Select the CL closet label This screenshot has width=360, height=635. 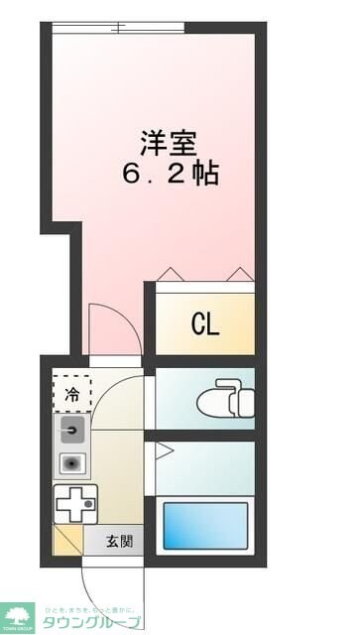click(205, 323)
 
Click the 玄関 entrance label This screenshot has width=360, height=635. click(119, 542)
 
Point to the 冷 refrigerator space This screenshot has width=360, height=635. click(71, 393)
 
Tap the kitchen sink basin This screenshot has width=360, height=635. click(71, 430)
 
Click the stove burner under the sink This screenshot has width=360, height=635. click(71, 462)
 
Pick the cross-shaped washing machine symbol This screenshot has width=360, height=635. click(75, 505)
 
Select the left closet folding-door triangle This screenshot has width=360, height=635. click(169, 273)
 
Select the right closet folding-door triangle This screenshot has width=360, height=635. click(238, 273)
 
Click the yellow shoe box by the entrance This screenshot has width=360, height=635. click(66, 542)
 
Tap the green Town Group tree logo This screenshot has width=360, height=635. click(18, 615)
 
